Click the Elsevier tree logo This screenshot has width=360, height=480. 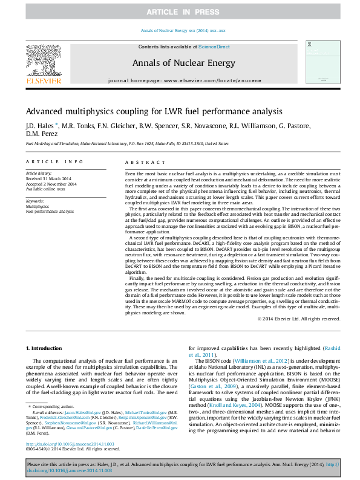tap(43, 62)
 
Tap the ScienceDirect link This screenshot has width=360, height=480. tap(214, 47)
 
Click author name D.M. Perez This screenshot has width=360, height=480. tap(41, 134)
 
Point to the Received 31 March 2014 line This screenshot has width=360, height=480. tap(48, 180)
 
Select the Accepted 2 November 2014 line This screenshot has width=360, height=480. tap(51, 184)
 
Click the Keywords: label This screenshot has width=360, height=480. tap(35, 201)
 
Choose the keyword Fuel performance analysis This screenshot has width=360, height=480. tap(50, 212)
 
